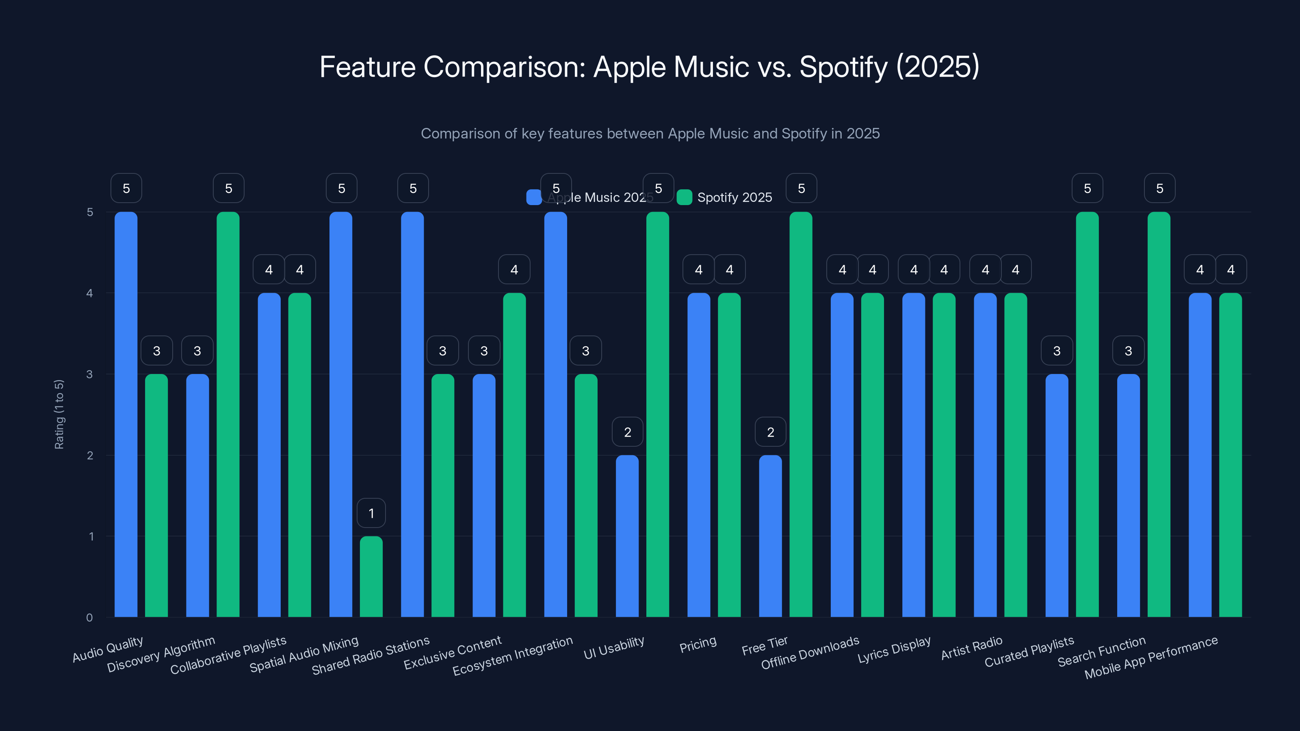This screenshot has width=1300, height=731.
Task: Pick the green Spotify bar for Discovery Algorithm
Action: tap(227, 414)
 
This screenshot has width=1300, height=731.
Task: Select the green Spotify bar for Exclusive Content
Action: tap(514, 454)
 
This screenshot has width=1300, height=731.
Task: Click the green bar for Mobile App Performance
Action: tap(1231, 454)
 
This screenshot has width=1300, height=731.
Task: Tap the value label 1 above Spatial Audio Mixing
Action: tap(371, 513)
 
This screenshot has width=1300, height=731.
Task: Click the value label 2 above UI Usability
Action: tap(627, 432)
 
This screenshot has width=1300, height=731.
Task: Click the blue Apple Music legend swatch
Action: tap(533, 197)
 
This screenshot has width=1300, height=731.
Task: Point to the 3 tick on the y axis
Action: tap(90, 374)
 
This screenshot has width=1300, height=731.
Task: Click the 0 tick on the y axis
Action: tap(90, 617)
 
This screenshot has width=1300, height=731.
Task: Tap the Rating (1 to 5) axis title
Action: tap(59, 414)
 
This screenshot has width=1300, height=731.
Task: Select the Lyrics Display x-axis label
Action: tap(894, 649)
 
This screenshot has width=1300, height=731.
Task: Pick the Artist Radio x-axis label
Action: tap(971, 648)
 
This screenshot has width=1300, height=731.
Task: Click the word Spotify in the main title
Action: tap(843, 67)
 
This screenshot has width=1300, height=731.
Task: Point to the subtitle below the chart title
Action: tap(650, 134)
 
